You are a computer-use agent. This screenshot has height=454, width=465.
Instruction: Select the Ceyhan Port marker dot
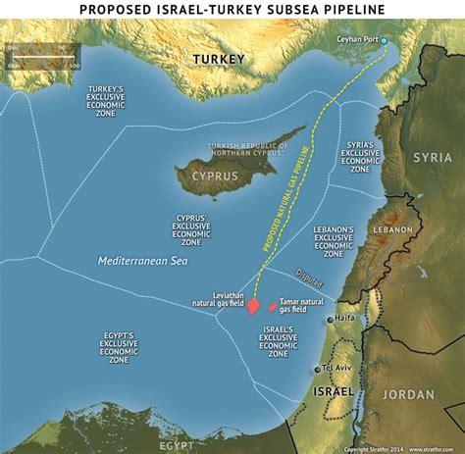pyautogui.click(x=385, y=40)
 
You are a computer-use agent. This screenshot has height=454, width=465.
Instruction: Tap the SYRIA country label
pyautogui.click(x=432, y=157)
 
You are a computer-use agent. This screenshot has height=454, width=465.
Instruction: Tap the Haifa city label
pyautogui.click(x=344, y=318)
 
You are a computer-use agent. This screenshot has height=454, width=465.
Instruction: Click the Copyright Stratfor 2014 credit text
pyautogui.click(x=374, y=449)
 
